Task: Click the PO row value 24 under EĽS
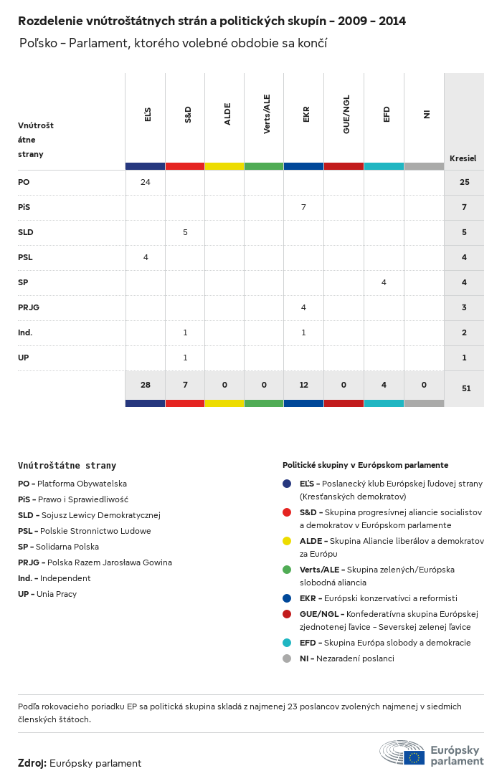146,182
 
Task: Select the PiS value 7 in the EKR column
304,207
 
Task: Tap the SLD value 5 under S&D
185,232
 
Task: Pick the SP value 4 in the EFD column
384,282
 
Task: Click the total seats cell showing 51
464,388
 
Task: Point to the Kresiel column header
463,158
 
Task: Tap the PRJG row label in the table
29,307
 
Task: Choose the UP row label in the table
24,358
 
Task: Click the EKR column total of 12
304,385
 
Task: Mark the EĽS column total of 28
146,385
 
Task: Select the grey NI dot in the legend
287,658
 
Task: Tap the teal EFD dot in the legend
287,643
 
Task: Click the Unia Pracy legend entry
47,594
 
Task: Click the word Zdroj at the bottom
32,763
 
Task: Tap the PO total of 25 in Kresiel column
464,182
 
